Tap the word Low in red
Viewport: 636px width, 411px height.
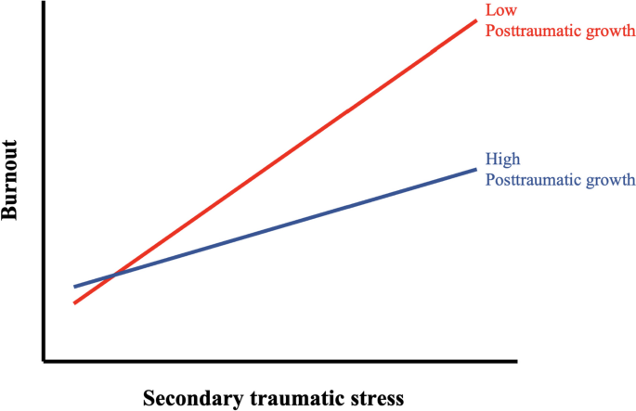click(x=499, y=10)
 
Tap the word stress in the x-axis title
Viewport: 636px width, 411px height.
click(x=377, y=399)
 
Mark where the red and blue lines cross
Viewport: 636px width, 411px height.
click(x=112, y=276)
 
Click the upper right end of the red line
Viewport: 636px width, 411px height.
click(x=476, y=19)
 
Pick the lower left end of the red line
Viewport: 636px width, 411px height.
click(x=74, y=302)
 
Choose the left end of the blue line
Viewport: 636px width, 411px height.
click(x=75, y=287)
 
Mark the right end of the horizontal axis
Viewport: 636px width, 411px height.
click(x=517, y=359)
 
